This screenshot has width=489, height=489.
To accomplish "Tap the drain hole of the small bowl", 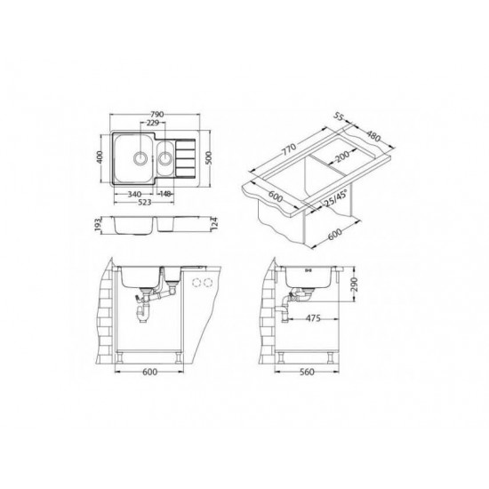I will click(166, 160).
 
